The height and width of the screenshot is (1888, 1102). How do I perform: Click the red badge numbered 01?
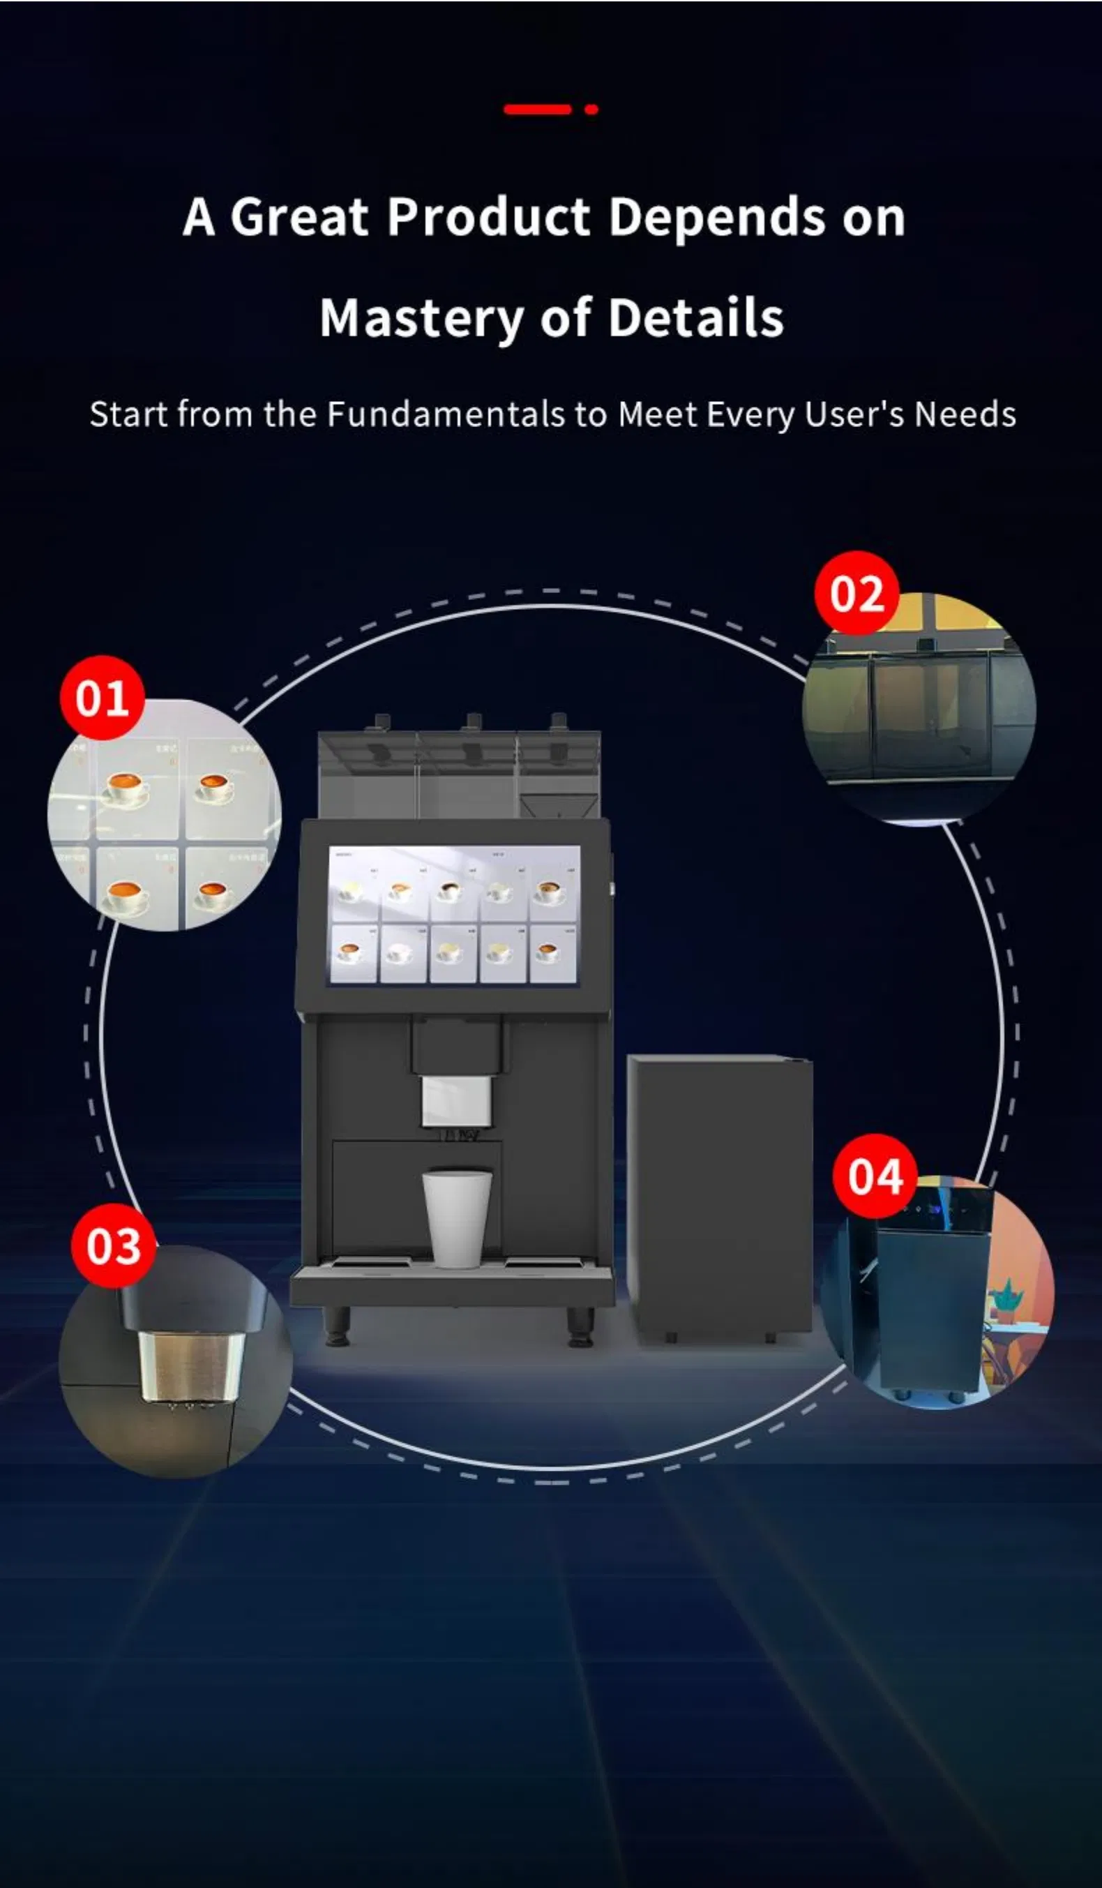click(x=103, y=698)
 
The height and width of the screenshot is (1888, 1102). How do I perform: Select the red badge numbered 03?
click(x=113, y=1246)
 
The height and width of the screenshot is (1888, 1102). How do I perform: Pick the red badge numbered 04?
click(x=875, y=1176)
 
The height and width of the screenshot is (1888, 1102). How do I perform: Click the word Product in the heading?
click(x=488, y=217)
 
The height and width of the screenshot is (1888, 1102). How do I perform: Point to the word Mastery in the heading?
click(x=419, y=318)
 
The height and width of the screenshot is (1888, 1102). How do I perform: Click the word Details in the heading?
click(x=695, y=318)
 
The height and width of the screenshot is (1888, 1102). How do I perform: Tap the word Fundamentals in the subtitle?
click(x=446, y=414)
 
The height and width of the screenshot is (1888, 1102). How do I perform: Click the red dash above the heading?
click(x=537, y=110)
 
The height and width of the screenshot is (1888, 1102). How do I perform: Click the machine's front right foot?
click(x=580, y=1326)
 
